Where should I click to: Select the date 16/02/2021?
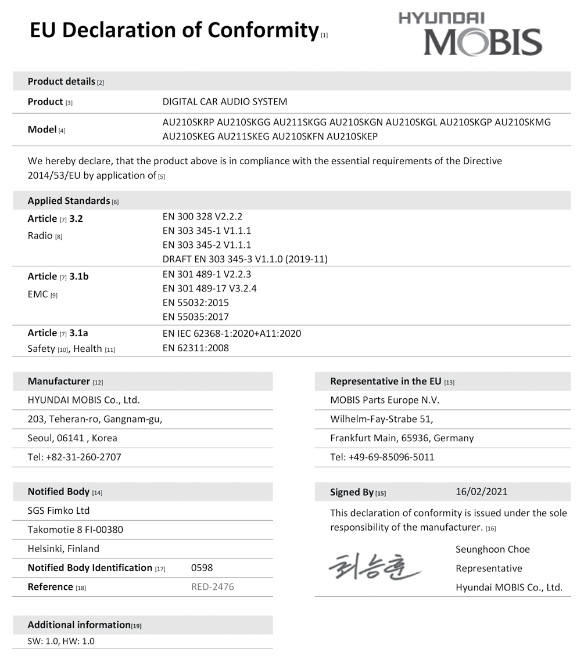481,492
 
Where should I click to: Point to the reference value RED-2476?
213,587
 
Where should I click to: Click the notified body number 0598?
202,568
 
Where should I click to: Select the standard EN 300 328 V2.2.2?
202,217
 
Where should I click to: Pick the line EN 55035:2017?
195,317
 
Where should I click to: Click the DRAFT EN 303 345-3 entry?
245,260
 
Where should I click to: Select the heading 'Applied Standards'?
69,201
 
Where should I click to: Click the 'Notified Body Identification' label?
90,568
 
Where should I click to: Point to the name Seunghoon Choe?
492,549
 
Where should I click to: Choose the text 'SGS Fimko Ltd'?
59,511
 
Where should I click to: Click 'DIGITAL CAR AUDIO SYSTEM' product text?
224,102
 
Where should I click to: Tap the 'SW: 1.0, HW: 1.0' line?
61,642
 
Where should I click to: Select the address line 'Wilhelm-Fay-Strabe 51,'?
381,419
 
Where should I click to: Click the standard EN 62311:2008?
195,348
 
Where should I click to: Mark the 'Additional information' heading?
79,625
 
